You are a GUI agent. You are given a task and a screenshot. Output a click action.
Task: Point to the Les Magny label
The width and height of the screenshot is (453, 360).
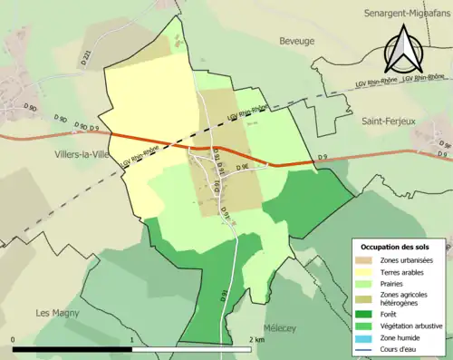[54, 313]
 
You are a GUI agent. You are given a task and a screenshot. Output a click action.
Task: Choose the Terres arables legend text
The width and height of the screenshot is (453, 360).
[406, 274]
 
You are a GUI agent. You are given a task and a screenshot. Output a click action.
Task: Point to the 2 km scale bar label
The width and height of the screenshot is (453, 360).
[256, 339]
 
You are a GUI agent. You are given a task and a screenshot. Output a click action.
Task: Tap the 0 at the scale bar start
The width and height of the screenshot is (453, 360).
[14, 339]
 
